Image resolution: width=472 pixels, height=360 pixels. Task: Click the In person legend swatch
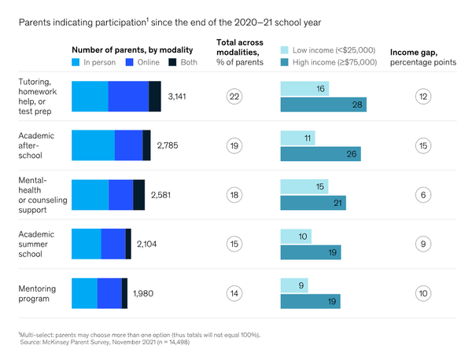click(x=76, y=61)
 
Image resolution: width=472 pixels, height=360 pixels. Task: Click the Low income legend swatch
click(x=286, y=50)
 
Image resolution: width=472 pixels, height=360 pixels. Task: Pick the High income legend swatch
click(x=286, y=61)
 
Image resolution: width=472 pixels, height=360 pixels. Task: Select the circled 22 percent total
click(x=234, y=97)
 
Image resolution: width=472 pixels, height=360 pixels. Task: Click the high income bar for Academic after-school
click(x=320, y=153)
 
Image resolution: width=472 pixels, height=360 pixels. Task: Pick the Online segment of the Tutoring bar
click(x=128, y=97)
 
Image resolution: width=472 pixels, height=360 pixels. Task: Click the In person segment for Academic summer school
click(x=87, y=244)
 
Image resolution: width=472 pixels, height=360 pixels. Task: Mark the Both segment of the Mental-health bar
click(x=139, y=195)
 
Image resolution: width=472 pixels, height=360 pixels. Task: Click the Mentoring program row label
click(x=38, y=293)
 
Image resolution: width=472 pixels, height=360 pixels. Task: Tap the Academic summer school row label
click(x=38, y=244)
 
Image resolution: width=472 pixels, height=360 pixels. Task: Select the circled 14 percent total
click(x=234, y=293)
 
